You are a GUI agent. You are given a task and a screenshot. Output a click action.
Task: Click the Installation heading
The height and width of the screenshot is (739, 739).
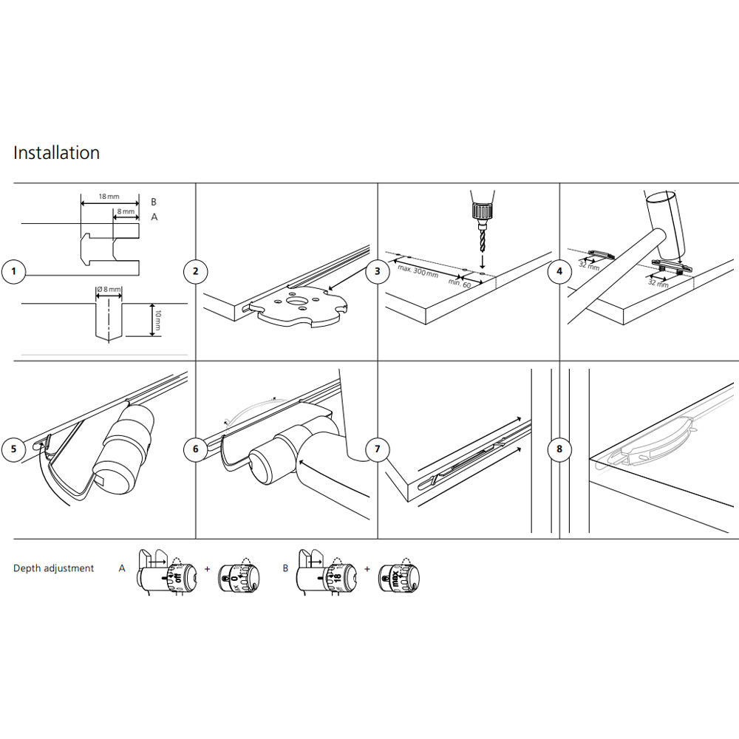[56, 153]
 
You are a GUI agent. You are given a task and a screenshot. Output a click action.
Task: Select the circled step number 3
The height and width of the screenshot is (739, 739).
[377, 272]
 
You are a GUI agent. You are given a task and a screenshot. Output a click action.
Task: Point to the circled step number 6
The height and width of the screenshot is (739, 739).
[195, 449]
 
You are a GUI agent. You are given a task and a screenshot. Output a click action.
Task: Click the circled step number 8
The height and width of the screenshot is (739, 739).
[559, 449]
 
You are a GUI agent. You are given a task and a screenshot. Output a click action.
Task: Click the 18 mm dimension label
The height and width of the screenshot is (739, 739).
[108, 197]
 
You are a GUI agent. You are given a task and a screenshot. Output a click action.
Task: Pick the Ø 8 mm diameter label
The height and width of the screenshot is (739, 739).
[109, 290]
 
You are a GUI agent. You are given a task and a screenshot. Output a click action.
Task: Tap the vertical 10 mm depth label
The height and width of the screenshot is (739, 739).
[157, 319]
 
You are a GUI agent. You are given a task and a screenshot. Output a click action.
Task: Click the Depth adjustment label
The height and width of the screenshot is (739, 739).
[54, 568]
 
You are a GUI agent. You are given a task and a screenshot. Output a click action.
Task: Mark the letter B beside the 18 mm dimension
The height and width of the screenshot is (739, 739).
[154, 201]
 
